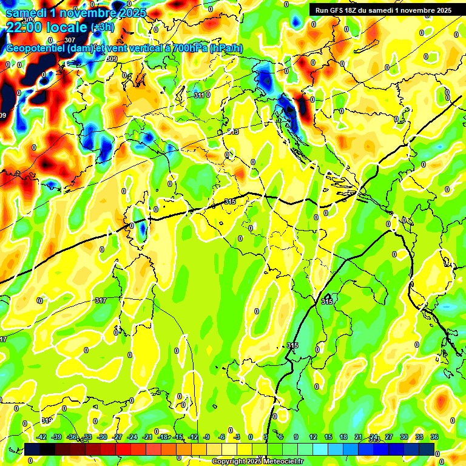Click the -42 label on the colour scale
tap(42, 437)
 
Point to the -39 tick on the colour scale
tap(57, 437)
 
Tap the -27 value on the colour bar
tap(117, 437)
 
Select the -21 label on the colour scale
tap(147, 437)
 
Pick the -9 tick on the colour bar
tap(206, 437)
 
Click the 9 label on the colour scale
tap(296, 437)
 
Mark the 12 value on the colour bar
tap(312, 437)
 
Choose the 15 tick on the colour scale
tap(328, 437)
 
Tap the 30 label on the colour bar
tap(404, 437)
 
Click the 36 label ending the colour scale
tap(434, 437)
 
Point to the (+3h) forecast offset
tap(105, 27)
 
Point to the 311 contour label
tap(199, 95)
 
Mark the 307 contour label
tap(69, 41)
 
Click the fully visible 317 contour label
tap(101, 300)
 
